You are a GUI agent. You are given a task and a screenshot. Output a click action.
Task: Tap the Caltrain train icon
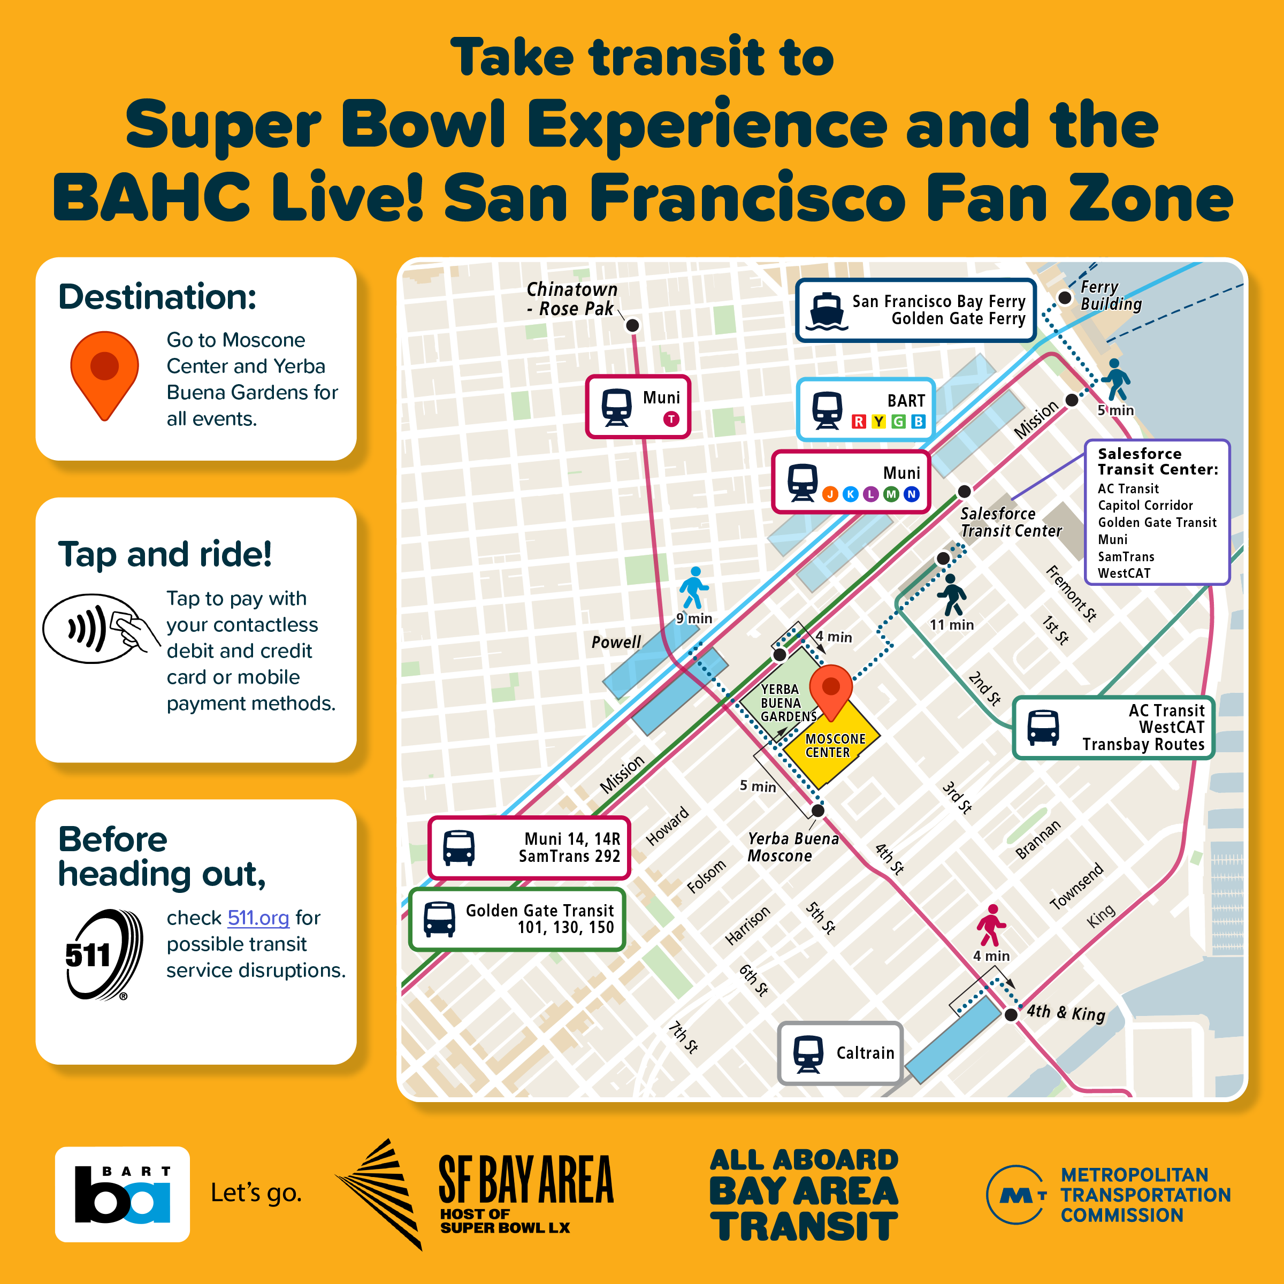click(x=808, y=1054)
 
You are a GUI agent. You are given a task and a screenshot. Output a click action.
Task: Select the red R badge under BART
click(x=859, y=422)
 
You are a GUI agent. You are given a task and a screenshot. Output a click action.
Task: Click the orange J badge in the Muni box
click(x=830, y=494)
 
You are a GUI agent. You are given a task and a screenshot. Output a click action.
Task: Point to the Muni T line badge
click(x=671, y=419)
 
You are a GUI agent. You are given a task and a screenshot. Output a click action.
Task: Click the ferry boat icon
click(x=826, y=311)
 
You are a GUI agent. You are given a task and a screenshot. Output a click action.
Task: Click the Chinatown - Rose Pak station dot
click(x=633, y=325)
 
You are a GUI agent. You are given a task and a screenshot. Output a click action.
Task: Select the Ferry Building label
click(x=1111, y=296)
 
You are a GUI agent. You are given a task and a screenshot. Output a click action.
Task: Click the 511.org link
click(x=258, y=918)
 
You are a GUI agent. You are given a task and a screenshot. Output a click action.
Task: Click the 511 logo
click(x=103, y=954)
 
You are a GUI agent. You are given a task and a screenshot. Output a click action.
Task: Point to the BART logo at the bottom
click(x=123, y=1194)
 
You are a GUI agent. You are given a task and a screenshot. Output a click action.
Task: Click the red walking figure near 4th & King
click(x=990, y=925)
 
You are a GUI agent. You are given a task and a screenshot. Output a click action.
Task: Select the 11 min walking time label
click(x=951, y=625)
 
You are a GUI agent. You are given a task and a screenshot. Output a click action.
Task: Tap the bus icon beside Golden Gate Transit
click(x=439, y=919)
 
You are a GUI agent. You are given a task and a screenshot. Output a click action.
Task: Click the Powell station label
click(x=616, y=642)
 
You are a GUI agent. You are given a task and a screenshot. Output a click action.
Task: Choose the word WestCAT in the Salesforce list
click(x=1124, y=573)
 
